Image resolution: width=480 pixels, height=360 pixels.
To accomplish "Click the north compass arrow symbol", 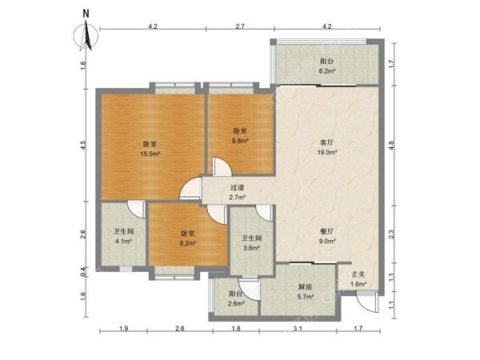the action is [x=86, y=34].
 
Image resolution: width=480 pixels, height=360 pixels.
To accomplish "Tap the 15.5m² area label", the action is [x=150, y=154].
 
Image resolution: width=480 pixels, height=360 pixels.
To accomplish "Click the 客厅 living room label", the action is [x=326, y=142].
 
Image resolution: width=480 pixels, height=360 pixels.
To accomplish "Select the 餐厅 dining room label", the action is [x=326, y=231].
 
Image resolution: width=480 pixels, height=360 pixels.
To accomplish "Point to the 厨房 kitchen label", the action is [x=306, y=287].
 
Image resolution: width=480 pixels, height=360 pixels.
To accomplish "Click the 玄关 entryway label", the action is [x=358, y=274].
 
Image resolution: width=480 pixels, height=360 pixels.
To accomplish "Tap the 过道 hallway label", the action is [x=238, y=188].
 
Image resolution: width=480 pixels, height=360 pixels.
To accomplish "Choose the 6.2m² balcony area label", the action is [x=326, y=71].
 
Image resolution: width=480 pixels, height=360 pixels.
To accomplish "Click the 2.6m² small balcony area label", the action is [x=237, y=303].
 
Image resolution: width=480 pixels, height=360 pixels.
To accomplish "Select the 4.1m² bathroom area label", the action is [x=123, y=242].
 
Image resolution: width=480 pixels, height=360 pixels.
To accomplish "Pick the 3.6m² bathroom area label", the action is [x=251, y=248].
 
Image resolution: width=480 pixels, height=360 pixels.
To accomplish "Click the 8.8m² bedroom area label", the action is [x=240, y=141].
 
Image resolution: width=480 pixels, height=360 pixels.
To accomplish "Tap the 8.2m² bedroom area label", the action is [x=188, y=243].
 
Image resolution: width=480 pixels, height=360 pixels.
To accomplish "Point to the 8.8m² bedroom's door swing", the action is [x=222, y=167].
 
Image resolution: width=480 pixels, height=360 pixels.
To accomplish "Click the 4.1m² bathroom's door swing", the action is [x=137, y=210].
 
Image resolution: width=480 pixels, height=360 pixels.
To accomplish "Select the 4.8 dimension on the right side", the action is [x=391, y=145].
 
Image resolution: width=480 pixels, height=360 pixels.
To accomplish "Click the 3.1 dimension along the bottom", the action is [x=298, y=329].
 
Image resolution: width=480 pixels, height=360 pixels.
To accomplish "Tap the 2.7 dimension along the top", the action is [x=240, y=26].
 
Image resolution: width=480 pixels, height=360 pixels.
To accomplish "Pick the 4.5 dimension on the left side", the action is [x=84, y=145].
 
